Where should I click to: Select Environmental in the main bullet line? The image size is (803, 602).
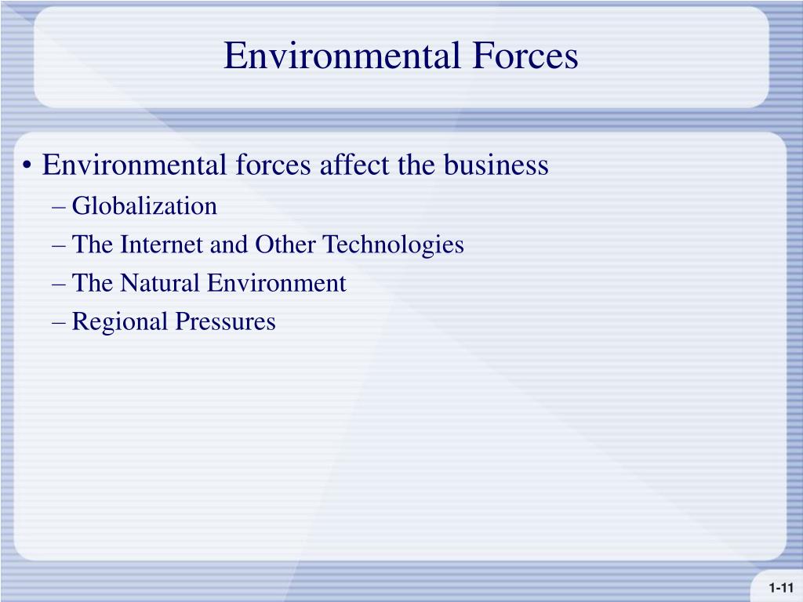pyautogui.click(x=134, y=165)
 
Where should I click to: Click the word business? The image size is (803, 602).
pyautogui.click(x=496, y=165)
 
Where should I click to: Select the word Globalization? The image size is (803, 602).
pyautogui.click(x=144, y=207)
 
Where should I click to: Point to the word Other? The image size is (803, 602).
pyautogui.click(x=285, y=245)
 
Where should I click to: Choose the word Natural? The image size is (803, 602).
pyautogui.click(x=160, y=283)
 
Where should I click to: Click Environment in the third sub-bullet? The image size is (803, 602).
pyautogui.click(x=276, y=283)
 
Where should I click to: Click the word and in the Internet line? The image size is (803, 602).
pyautogui.click(x=230, y=245)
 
